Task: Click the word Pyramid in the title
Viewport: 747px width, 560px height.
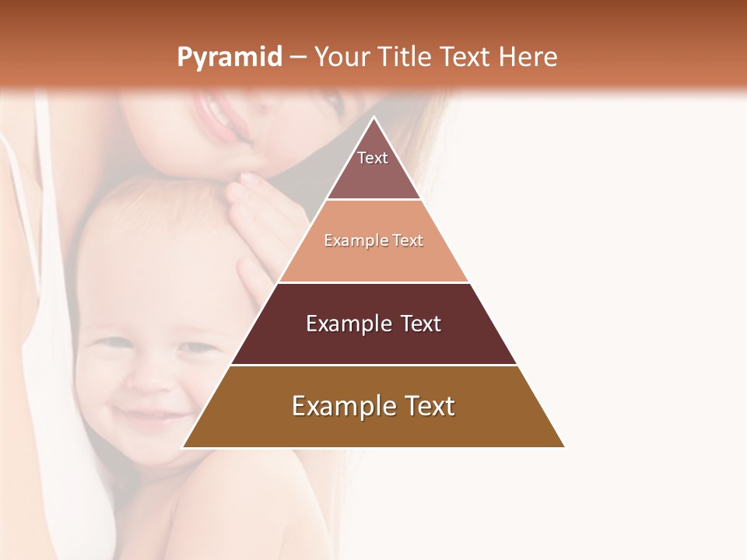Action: click(229, 58)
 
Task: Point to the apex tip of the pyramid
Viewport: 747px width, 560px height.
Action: click(373, 118)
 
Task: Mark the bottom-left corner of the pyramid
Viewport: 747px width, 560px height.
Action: click(184, 446)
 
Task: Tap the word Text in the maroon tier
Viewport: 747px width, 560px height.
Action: click(416, 324)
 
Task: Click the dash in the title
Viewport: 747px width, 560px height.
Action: click(297, 58)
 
